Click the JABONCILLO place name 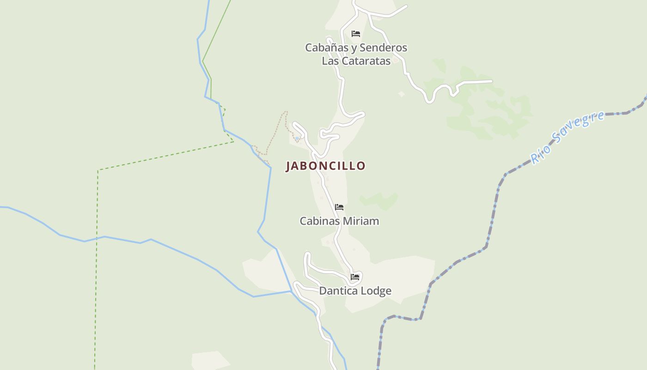(325, 166)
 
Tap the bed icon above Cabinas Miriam (339, 207)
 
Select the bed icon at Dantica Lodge (355, 277)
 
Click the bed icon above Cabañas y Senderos (356, 33)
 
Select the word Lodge (376, 291)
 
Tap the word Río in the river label (539, 154)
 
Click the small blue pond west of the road (297, 138)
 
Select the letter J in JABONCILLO (288, 166)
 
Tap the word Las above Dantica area (330, 61)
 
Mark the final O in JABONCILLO (361, 166)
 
